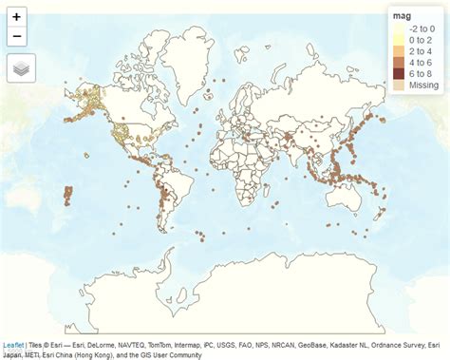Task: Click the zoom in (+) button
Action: click(17, 17)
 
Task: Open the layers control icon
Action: click(21, 67)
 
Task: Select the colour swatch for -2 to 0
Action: click(399, 28)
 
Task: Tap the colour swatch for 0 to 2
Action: click(399, 40)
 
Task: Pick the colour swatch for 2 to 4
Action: click(399, 51)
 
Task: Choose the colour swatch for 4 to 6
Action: click(399, 63)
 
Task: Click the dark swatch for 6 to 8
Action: click(399, 74)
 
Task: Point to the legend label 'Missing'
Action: click(423, 85)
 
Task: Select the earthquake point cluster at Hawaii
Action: click(68, 197)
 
